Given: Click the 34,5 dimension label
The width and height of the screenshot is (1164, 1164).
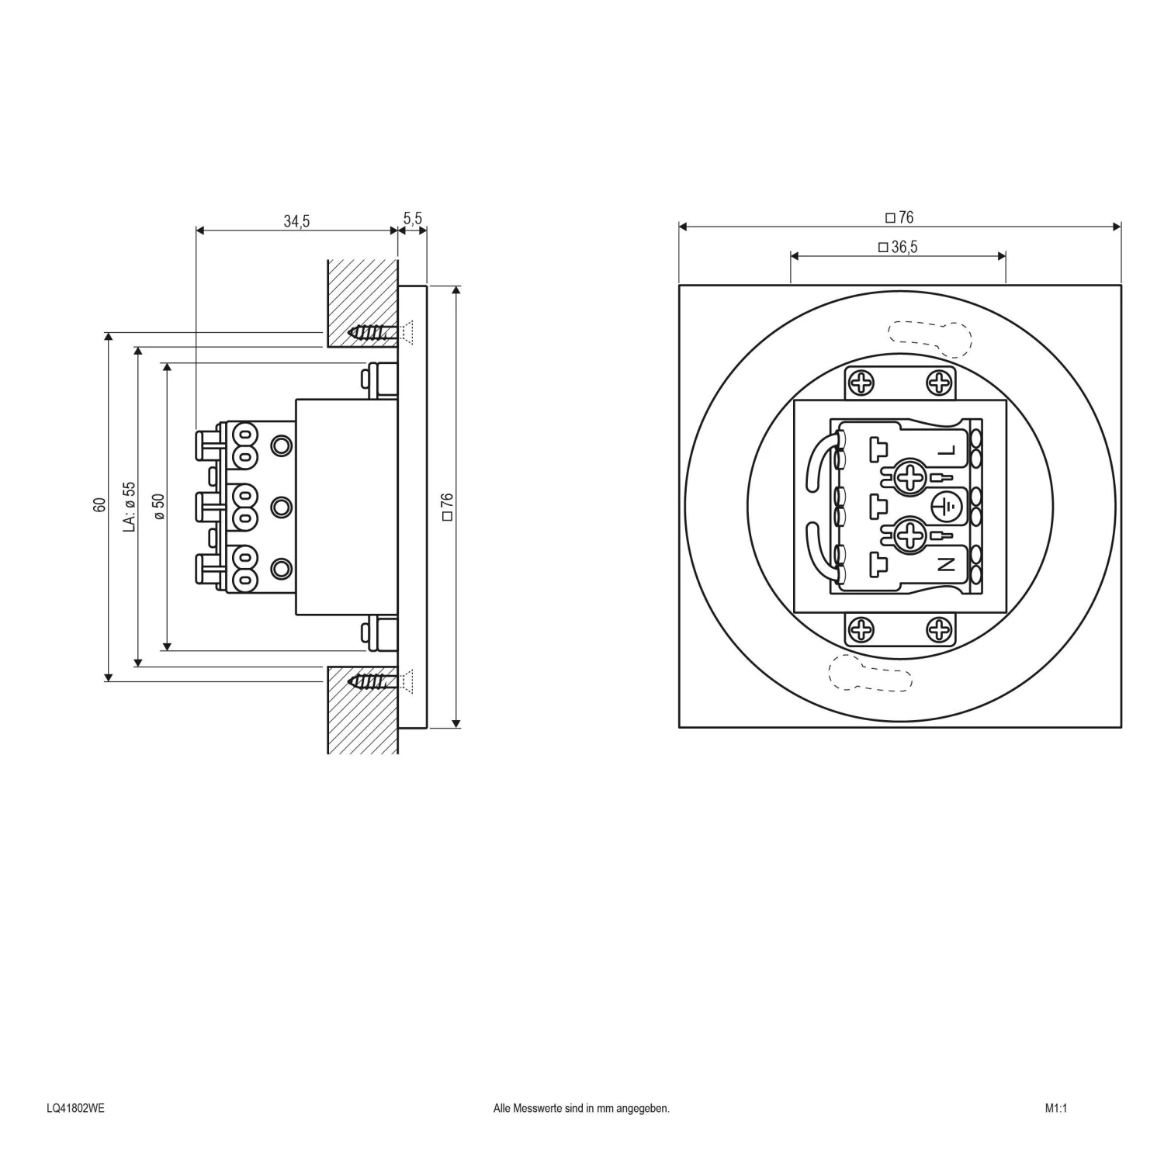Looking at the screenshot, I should pyautogui.click(x=296, y=222).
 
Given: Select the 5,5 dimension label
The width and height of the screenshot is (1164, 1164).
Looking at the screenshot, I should pyautogui.click(x=413, y=219).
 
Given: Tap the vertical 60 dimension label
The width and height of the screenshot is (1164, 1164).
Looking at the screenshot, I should pyautogui.click(x=99, y=504).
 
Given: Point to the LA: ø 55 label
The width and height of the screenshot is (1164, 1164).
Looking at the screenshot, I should pyautogui.click(x=130, y=506).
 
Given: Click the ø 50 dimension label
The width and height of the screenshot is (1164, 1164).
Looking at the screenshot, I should pyautogui.click(x=159, y=506).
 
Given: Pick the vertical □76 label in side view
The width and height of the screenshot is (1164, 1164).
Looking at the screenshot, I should pyautogui.click(x=447, y=506).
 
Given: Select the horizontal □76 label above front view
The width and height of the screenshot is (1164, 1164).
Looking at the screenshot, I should pyautogui.click(x=899, y=218).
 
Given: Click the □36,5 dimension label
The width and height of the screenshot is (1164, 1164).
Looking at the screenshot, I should pyautogui.click(x=898, y=248).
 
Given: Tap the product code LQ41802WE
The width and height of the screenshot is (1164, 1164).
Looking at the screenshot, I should pyautogui.click(x=75, y=1108).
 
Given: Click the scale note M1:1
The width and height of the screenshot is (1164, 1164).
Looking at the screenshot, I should pyautogui.click(x=1055, y=1108).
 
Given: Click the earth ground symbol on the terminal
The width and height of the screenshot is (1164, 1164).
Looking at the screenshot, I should pyautogui.click(x=946, y=507).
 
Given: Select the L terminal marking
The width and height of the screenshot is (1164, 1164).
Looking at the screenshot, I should pyautogui.click(x=947, y=451).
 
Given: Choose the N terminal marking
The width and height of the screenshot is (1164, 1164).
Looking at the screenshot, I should pyautogui.click(x=947, y=564).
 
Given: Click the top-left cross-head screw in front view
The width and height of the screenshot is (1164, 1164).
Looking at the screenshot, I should pyautogui.click(x=861, y=383).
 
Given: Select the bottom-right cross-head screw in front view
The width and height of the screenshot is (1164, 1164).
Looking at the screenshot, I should pyautogui.click(x=939, y=629).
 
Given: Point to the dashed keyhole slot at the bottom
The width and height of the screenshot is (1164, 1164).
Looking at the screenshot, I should pyautogui.click(x=870, y=672).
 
